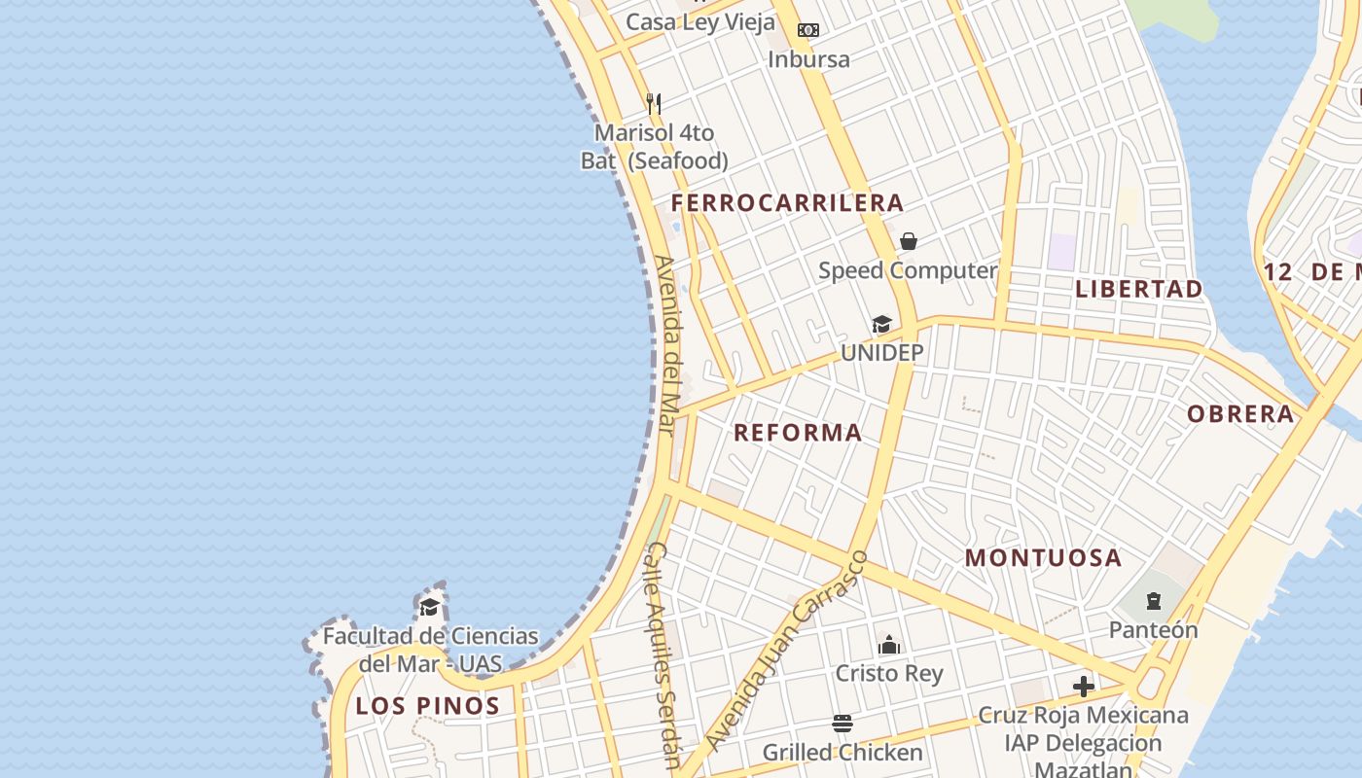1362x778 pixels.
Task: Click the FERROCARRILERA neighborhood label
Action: pos(787,203)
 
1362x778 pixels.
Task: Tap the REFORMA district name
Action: pos(798,433)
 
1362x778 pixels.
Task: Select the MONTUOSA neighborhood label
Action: pos(1043,558)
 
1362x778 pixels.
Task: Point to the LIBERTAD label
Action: pos(1139,289)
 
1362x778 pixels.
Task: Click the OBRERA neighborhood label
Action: pos(1240,414)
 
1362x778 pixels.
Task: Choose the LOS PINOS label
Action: pos(427,706)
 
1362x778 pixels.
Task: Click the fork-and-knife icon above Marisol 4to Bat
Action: pos(654,103)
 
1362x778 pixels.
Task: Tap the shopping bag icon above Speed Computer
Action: pos(908,241)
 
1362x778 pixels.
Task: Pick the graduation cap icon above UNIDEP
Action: pos(881,324)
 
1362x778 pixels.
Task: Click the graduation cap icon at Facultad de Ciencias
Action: pos(429,608)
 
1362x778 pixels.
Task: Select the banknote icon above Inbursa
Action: pos(807,30)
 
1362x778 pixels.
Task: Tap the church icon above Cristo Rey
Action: pos(889,644)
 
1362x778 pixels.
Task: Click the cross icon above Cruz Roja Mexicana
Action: pos(1083,687)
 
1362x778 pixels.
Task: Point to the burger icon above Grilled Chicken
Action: pos(842,724)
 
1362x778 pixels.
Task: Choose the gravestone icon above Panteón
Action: pos(1154,601)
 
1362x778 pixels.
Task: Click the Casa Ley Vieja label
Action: pos(700,22)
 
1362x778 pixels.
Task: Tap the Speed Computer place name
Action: pos(908,270)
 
